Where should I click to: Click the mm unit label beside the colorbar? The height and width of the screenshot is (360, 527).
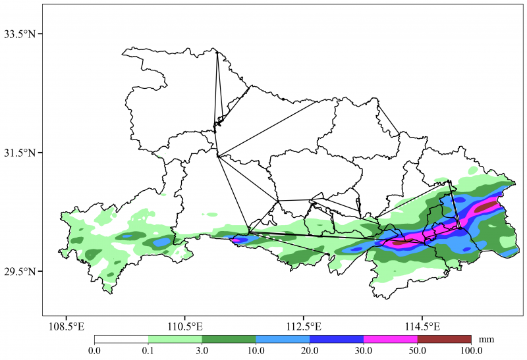(x=486, y=340)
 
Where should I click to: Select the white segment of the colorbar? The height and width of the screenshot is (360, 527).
(x=121, y=340)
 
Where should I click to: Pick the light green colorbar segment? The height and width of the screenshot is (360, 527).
(x=175, y=340)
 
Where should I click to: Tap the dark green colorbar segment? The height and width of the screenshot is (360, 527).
(x=229, y=340)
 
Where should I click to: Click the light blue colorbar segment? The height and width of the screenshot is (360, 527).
(x=283, y=340)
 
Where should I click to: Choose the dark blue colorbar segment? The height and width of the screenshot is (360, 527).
(x=337, y=340)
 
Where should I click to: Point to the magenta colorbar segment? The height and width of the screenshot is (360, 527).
(x=391, y=340)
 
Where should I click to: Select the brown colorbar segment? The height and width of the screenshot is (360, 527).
(x=444, y=340)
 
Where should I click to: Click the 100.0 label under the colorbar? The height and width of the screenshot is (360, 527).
(x=471, y=351)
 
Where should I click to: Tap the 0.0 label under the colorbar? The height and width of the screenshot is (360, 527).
(x=95, y=351)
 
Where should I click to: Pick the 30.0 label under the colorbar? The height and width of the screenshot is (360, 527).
(x=364, y=351)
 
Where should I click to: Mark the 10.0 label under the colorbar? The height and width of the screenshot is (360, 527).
(x=256, y=351)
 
